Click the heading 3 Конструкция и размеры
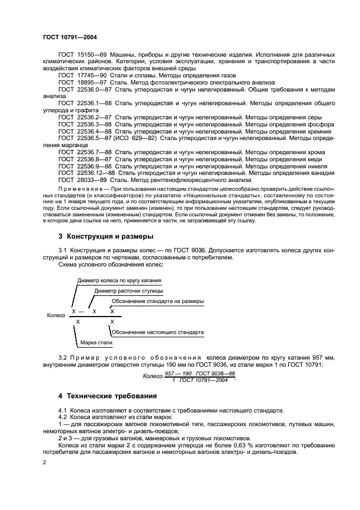pos(106,236)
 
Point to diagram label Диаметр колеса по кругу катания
pos(119,281)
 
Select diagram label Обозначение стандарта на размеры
pos(158,301)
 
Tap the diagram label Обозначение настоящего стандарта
pos(158,332)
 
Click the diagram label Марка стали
pos(96,343)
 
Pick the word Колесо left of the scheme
pos(56,315)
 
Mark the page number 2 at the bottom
pos(44,463)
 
